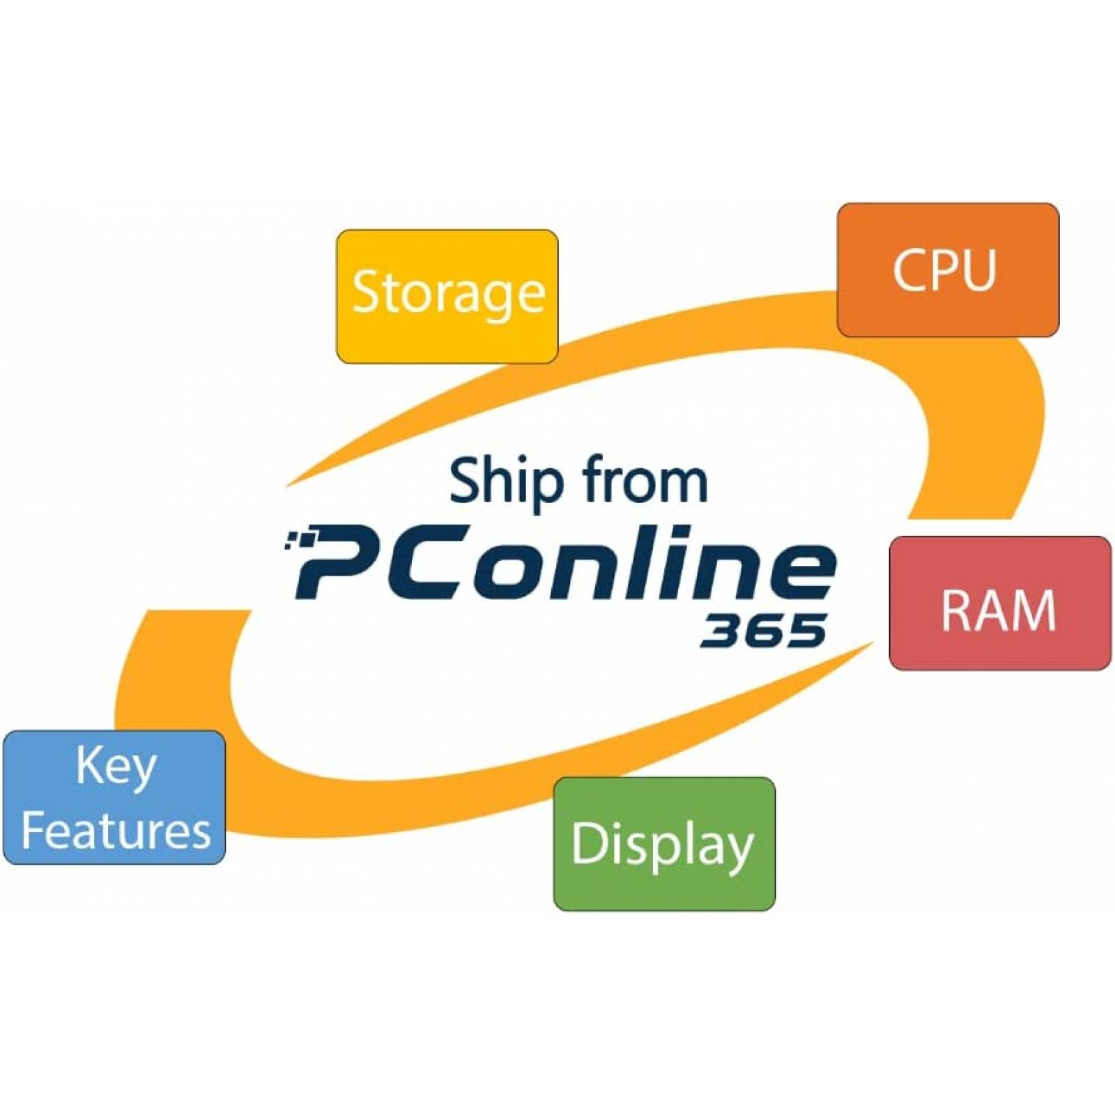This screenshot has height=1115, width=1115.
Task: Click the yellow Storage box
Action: pos(447,296)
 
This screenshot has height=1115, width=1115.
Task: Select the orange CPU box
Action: pos(948,270)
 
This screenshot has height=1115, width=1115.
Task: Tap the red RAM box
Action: pos(1000,603)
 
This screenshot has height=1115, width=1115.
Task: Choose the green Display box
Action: pos(664,844)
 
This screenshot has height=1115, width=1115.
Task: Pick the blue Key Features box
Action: pos(114,797)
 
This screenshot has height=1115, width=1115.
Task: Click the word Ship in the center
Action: pos(506,481)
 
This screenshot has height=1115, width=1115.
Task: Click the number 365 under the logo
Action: pos(763,630)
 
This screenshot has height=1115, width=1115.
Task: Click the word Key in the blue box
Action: pos(116,767)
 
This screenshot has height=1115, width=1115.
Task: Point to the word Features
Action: pos(116,831)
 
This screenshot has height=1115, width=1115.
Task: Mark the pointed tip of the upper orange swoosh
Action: pos(286,486)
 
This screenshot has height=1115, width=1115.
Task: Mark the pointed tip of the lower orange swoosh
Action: pos(874,643)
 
